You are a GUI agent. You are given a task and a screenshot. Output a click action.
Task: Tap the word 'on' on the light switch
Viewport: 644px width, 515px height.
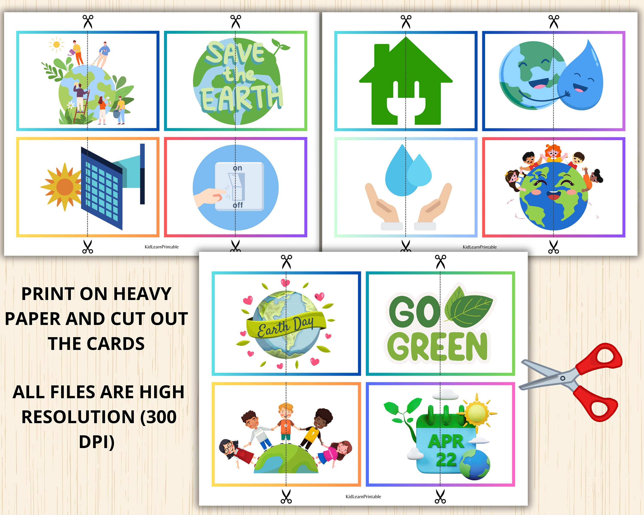pos(237,168)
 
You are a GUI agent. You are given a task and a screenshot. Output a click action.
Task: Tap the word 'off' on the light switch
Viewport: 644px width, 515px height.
pos(238,205)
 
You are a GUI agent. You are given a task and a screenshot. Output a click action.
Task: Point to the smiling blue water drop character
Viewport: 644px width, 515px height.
pos(581,79)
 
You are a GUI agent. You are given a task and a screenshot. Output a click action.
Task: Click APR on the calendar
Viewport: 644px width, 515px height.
pos(446,441)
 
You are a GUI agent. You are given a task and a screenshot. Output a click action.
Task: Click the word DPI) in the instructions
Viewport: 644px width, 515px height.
pos(96,442)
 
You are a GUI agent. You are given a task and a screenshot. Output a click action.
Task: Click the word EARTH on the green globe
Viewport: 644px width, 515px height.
pos(241,97)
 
